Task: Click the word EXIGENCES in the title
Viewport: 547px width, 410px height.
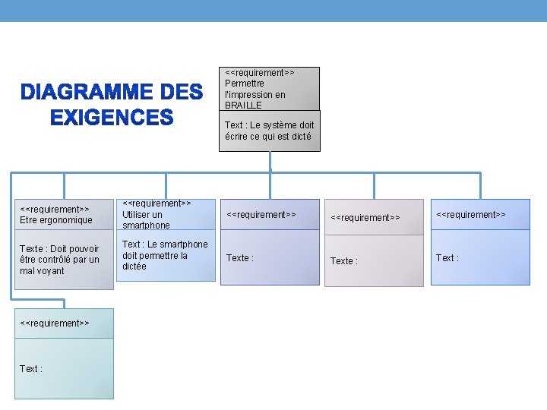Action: point(112,118)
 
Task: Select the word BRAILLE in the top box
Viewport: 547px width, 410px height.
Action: point(243,106)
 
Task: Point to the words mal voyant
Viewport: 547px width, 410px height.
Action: point(43,271)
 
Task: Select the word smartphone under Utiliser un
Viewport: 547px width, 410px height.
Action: point(146,225)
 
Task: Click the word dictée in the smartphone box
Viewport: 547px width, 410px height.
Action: point(134,266)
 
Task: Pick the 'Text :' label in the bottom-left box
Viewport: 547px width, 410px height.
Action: point(31,368)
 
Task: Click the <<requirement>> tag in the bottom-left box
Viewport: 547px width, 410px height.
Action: point(55,323)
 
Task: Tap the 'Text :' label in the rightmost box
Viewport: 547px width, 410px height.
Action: point(447,258)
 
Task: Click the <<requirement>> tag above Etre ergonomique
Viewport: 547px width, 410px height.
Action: point(55,209)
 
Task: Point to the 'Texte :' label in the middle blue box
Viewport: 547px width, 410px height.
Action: point(240,258)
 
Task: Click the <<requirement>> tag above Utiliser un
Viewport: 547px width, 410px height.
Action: point(157,203)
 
